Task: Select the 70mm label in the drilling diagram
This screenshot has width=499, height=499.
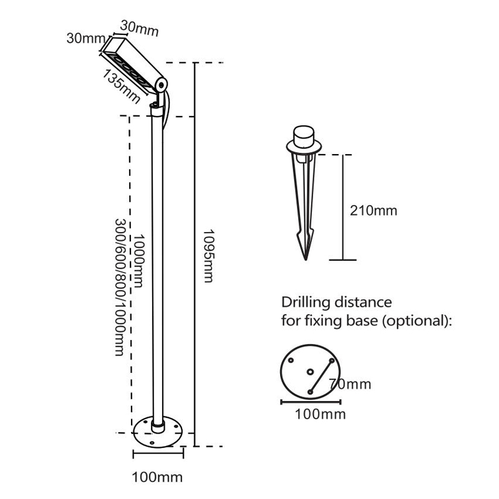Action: click(351, 384)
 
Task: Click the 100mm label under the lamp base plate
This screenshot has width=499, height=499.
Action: click(157, 478)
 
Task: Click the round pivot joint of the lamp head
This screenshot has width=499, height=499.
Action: click(161, 84)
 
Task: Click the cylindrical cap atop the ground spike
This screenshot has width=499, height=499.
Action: click(304, 135)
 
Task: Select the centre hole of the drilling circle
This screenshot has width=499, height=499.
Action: click(310, 372)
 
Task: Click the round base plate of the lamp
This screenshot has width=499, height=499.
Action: click(157, 434)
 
